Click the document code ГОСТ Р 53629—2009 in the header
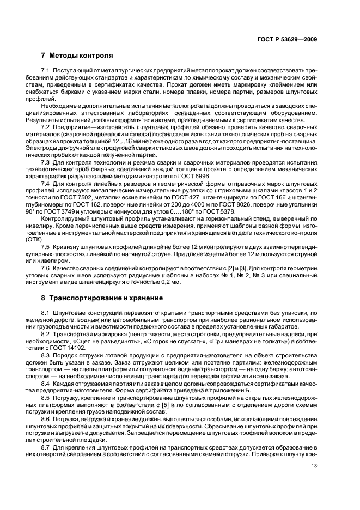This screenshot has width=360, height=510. (287, 39)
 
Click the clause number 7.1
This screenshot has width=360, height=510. (46, 72)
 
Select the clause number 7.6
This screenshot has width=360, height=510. (46, 269)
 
